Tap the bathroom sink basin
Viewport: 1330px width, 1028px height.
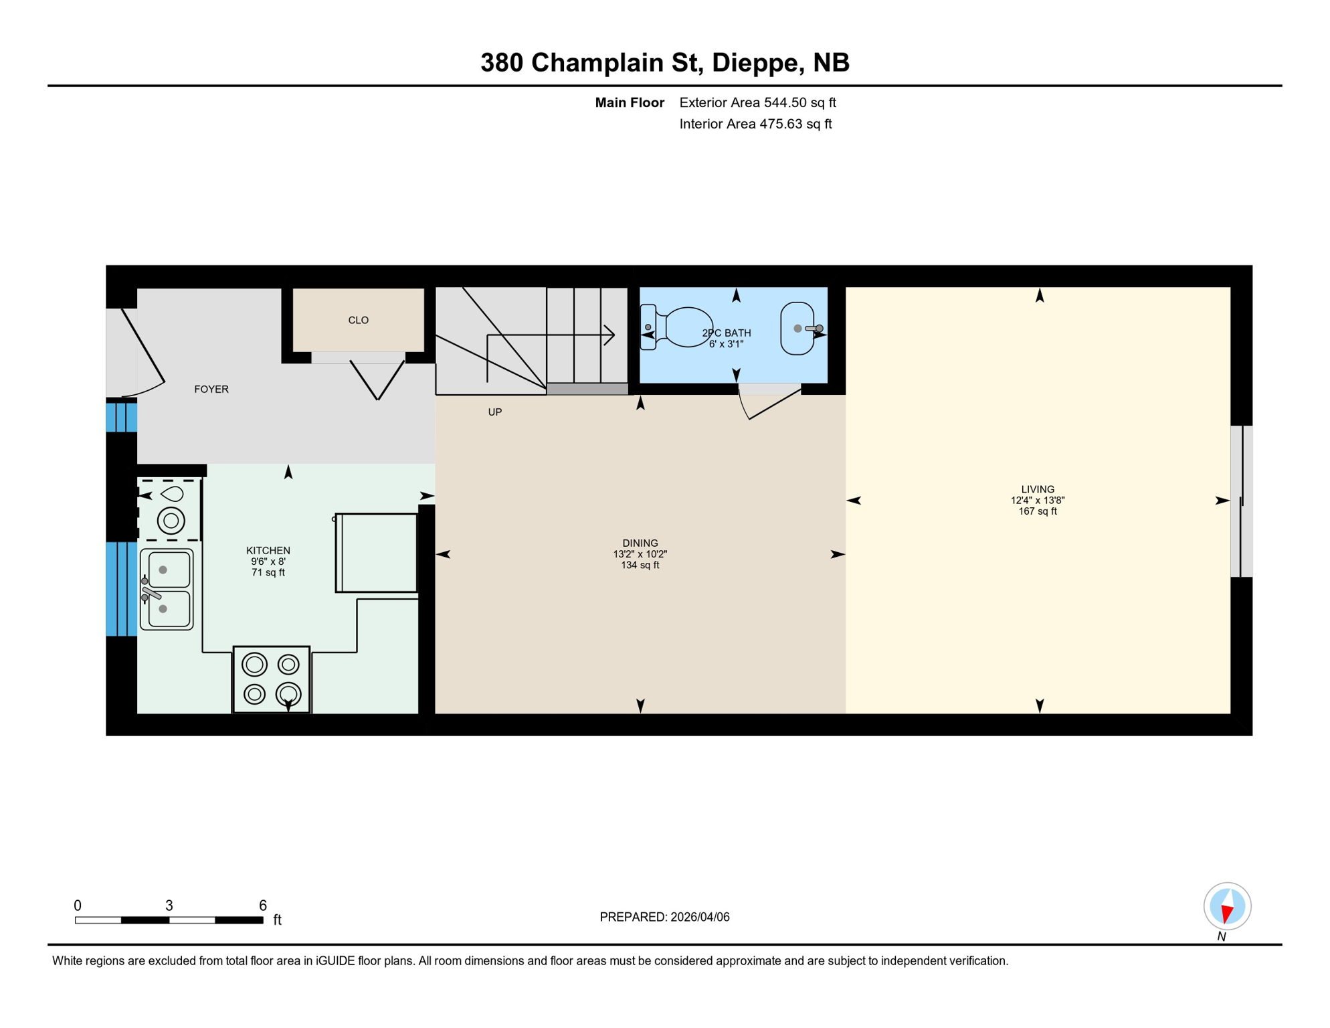click(797, 329)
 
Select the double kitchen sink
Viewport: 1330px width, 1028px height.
click(167, 590)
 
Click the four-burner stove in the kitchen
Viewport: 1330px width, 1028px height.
click(272, 679)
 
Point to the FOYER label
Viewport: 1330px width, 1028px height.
click(211, 390)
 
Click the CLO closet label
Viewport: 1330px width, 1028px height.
click(359, 321)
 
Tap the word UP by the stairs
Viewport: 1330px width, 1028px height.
click(495, 412)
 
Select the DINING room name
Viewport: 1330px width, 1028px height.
click(640, 543)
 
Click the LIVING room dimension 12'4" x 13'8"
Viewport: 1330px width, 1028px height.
click(1038, 501)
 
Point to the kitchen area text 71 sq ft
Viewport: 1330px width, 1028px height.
click(268, 573)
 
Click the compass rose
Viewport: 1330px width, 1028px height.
click(1227, 906)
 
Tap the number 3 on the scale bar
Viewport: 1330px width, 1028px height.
click(169, 906)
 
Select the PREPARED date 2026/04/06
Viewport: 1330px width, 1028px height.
click(698, 917)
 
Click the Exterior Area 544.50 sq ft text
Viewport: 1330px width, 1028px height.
click(757, 102)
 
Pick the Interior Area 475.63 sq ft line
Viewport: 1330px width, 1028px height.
click(755, 124)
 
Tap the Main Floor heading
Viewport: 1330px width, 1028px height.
click(630, 102)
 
